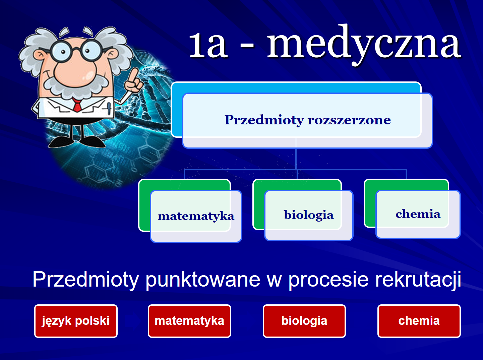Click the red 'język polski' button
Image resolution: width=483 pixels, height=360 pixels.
76,321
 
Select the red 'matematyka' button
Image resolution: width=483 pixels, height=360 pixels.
189,321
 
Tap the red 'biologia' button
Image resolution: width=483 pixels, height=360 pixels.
304,321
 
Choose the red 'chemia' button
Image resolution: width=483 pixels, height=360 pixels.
419,321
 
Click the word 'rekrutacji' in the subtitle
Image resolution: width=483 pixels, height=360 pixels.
418,280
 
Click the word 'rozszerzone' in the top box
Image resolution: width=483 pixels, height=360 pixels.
349,120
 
